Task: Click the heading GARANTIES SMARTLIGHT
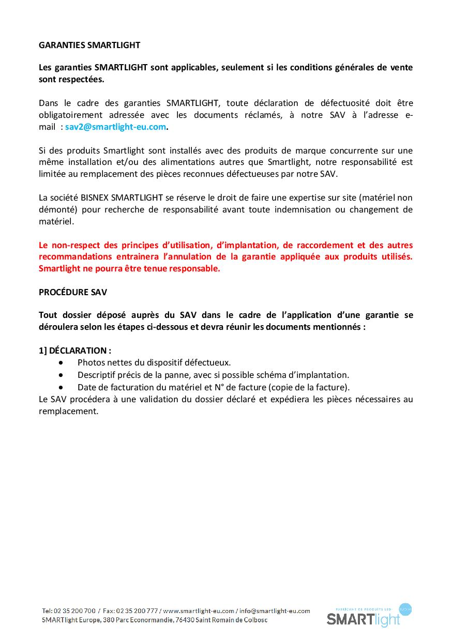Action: [x=89, y=45]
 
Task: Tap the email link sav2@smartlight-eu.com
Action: [x=116, y=127]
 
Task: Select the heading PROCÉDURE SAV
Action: [x=73, y=292]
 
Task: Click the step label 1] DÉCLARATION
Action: [x=75, y=350]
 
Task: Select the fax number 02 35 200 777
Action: [x=137, y=611]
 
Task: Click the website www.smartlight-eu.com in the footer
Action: [x=199, y=611]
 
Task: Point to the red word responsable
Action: [x=194, y=268]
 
